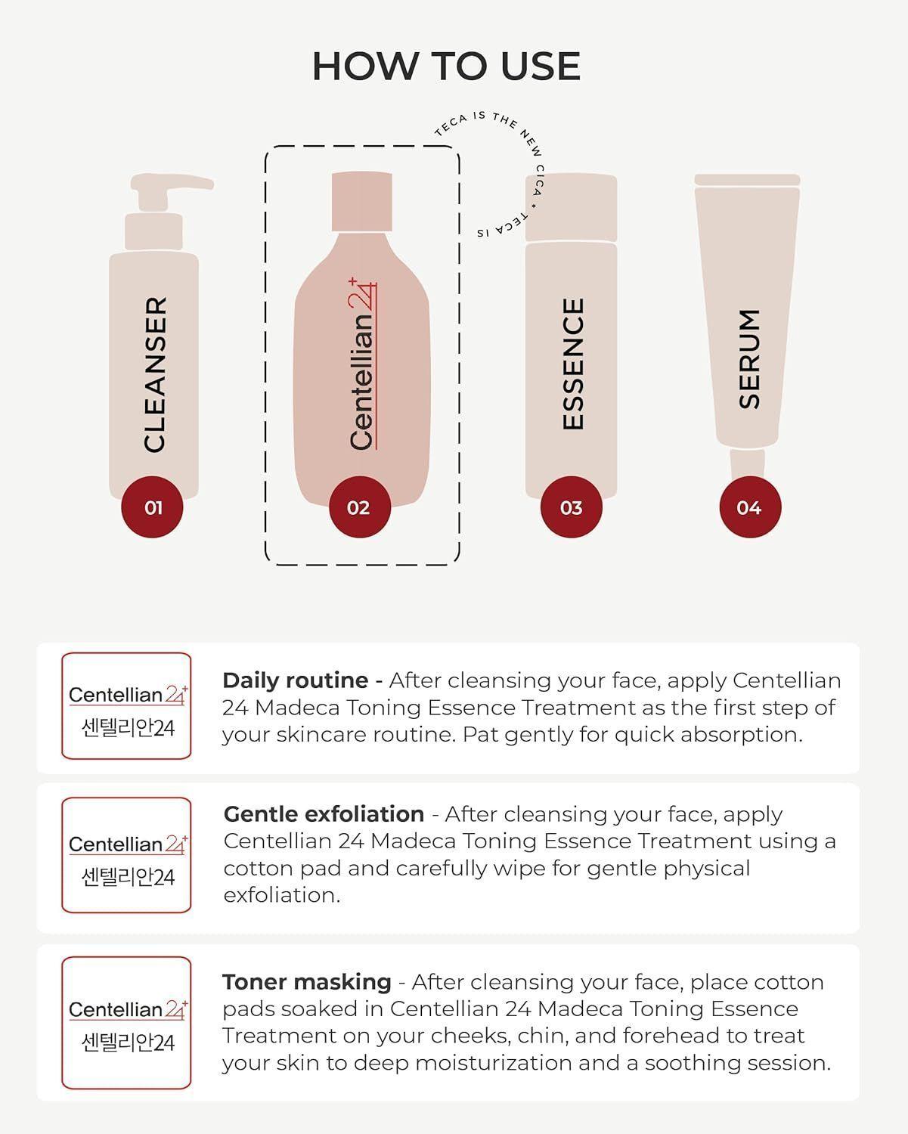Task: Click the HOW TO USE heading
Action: click(446, 67)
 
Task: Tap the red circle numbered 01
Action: click(153, 507)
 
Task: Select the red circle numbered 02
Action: click(359, 507)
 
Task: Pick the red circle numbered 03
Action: click(572, 507)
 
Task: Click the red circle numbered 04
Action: click(749, 507)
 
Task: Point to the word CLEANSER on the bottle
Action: click(154, 374)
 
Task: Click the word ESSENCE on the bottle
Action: click(573, 364)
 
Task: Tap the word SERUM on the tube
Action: click(749, 358)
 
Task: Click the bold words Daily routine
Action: click(295, 680)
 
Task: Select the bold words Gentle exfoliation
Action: click(324, 814)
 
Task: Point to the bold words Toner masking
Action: click(306, 982)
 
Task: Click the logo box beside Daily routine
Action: click(126, 706)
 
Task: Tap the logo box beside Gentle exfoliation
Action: click(126, 855)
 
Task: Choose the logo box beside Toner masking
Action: click(126, 1023)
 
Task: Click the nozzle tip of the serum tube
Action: click(747, 463)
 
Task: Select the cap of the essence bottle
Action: click(572, 208)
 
